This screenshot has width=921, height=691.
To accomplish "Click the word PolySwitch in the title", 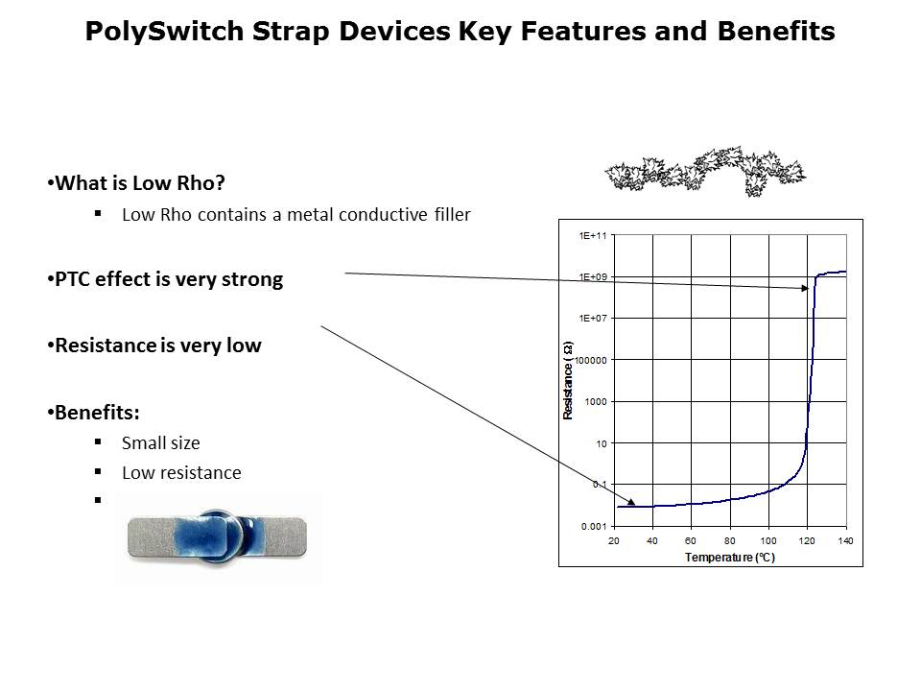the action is pos(164,31).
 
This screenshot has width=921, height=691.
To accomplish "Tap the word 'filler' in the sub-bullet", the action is pos(452,214).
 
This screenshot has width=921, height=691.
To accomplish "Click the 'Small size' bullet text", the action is pos(161,443).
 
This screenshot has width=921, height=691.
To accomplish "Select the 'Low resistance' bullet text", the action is pos(181,473).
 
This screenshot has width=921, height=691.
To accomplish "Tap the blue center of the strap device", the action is pos(218,536).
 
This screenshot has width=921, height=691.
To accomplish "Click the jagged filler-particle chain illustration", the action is pos(705,171).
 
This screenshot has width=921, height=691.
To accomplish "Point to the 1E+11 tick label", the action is pos(593,236).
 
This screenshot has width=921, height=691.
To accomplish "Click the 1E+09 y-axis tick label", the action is pos(593,276).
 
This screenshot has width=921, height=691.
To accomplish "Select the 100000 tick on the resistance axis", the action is pos(591,360).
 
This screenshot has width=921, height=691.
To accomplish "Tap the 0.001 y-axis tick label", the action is pos(594,527).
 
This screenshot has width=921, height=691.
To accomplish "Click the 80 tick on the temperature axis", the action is pos(729,540).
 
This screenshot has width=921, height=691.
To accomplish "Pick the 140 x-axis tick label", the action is pos(845,540).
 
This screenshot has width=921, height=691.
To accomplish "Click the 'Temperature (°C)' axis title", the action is pos(729,557).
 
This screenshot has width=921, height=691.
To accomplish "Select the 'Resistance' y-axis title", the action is pos(567,380).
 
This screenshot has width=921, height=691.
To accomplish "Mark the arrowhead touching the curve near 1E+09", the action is pos(804,288).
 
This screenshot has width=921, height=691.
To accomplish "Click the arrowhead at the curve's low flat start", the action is pos(631,501).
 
